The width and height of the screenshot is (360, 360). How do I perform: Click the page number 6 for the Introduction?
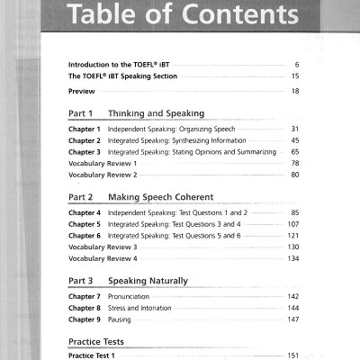pos(296,66)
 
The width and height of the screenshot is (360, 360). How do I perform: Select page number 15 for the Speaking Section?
pos(294,77)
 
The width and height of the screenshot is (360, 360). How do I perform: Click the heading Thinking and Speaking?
pos(156,114)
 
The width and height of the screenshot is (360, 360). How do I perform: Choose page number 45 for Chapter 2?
pos(294,140)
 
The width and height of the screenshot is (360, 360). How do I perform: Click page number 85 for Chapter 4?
pos(294,211)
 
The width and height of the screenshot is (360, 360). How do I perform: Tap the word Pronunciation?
pos(129,296)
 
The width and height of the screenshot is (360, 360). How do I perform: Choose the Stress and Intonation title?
pos(139,308)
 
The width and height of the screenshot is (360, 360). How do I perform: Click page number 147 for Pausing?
pos(292,319)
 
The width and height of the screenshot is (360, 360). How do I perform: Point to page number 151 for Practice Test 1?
pos(292,356)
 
